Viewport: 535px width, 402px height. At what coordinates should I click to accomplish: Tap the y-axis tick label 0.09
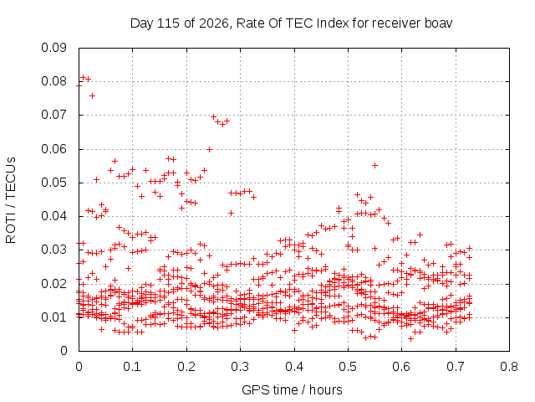pos(53,48)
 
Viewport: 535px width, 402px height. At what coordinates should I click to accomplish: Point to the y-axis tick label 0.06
pos(53,149)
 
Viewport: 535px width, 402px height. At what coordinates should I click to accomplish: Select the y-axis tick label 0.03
pos(53,250)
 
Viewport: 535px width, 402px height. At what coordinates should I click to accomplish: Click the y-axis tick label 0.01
pos(53,317)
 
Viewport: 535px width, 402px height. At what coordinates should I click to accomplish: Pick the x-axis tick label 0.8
pos(509,367)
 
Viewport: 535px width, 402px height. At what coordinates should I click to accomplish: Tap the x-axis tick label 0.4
pos(294,367)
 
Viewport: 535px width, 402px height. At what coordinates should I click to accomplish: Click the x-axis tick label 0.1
pos(132,367)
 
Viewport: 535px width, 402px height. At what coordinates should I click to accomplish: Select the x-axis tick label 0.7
pos(456,367)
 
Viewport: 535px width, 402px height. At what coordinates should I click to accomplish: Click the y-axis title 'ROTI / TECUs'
pos(11,200)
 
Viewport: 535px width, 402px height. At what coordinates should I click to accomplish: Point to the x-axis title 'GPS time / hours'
pos(292,390)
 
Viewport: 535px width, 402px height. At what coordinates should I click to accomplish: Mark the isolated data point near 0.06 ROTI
pos(210,149)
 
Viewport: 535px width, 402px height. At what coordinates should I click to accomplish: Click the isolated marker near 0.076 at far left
pos(92,96)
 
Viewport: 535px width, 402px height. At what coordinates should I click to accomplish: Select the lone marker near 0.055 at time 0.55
pos(374,166)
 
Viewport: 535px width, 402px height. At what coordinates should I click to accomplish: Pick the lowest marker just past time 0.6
pos(410,338)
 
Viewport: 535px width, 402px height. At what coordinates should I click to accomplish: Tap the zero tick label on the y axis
pos(64,351)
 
